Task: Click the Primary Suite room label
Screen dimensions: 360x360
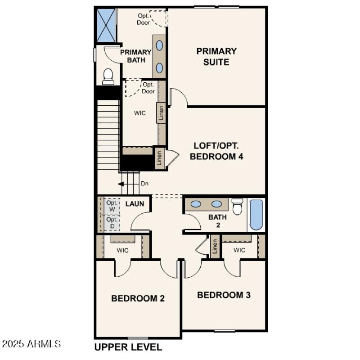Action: (x=216, y=57)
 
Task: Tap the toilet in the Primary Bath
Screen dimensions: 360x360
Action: (x=108, y=76)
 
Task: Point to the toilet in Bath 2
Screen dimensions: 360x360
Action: (x=238, y=207)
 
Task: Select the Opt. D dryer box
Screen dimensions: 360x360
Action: (x=112, y=222)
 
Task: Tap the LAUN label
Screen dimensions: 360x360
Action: (x=135, y=204)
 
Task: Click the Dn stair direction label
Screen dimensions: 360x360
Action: (x=144, y=184)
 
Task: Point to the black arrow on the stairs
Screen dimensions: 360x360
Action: (x=121, y=184)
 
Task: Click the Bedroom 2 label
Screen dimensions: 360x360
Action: (x=138, y=298)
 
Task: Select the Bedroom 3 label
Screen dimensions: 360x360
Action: (x=224, y=295)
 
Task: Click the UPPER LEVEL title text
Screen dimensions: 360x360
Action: (x=128, y=347)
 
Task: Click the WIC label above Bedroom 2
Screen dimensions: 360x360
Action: (x=122, y=250)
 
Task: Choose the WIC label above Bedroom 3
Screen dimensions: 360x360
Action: (x=239, y=250)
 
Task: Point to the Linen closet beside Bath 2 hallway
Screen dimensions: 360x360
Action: (x=215, y=247)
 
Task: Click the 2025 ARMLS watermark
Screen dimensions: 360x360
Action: (x=31, y=344)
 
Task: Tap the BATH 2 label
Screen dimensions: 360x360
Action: (x=218, y=220)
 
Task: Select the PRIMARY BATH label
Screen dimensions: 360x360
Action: (x=135, y=56)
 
